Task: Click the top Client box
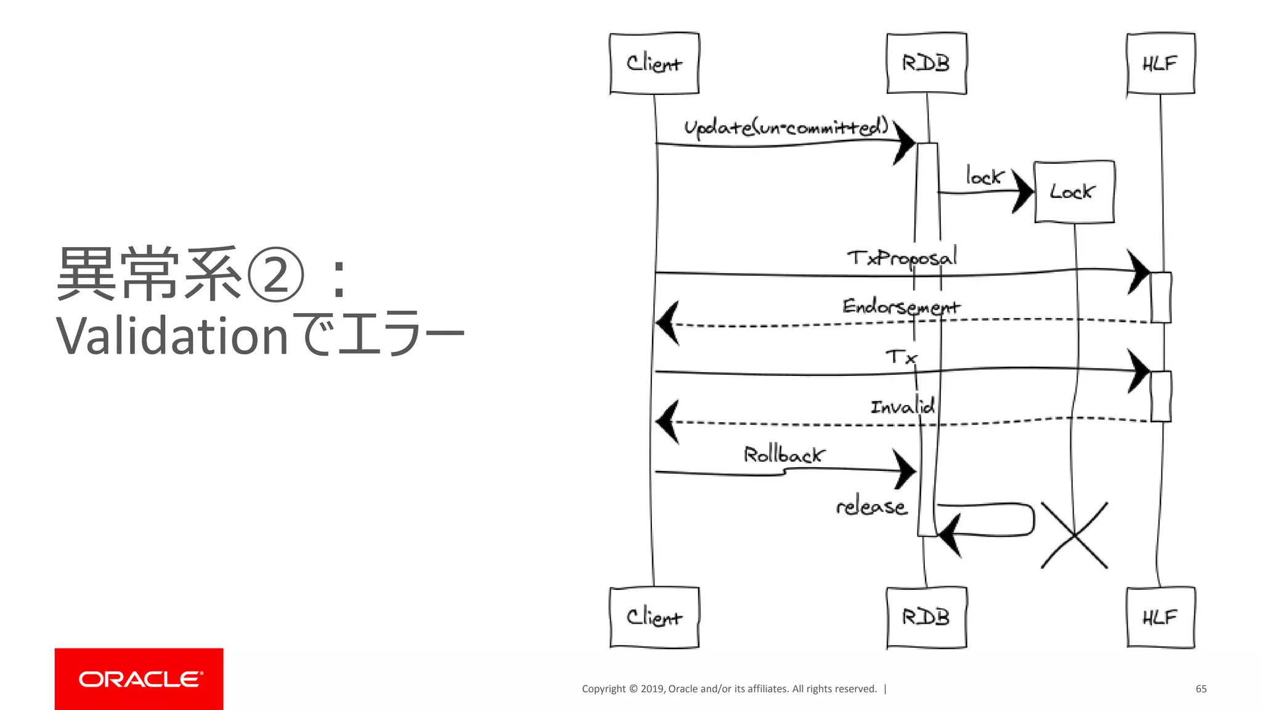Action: click(654, 63)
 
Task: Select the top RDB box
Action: click(926, 63)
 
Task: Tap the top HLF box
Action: click(1160, 63)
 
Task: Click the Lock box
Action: click(1073, 192)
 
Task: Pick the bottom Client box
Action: click(654, 617)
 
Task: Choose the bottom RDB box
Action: click(926, 617)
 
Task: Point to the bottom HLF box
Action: click(1160, 617)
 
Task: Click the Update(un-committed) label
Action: click(786, 127)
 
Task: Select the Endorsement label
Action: click(901, 306)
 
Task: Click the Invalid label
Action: click(902, 406)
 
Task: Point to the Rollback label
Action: click(783, 455)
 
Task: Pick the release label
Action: click(871, 507)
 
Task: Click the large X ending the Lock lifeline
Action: click(1074, 535)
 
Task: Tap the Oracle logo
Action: click(139, 679)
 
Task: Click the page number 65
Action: click(1200, 688)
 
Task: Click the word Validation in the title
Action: click(172, 337)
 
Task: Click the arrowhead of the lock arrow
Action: click(1024, 191)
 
